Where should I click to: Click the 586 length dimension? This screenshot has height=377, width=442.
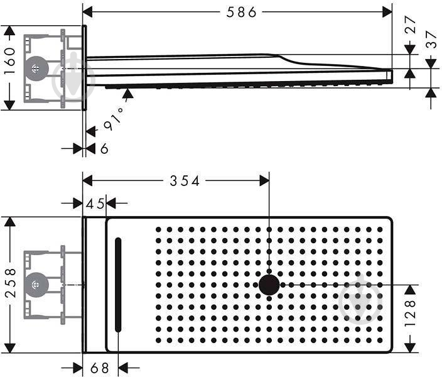(x=242, y=12)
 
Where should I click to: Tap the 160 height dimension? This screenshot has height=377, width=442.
(x=10, y=61)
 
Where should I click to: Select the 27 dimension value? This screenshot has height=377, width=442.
(x=410, y=25)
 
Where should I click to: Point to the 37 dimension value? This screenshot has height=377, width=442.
(x=431, y=39)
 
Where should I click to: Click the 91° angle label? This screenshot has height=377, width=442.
(x=114, y=119)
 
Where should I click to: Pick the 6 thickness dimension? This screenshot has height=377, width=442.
(x=104, y=148)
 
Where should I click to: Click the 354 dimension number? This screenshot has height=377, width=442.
(x=185, y=180)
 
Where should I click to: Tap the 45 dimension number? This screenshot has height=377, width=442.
(x=95, y=204)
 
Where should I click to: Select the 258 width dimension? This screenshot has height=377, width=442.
(x=11, y=283)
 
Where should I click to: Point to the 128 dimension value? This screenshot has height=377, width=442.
(x=410, y=314)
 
